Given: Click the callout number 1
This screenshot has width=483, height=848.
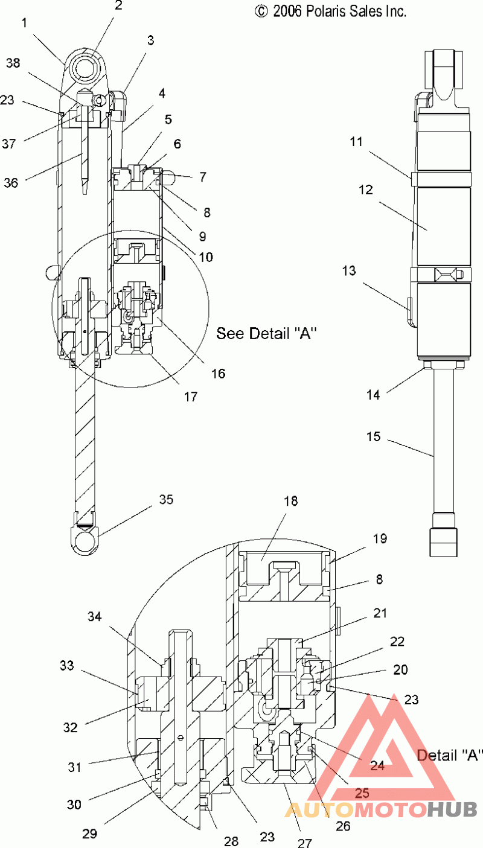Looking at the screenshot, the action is pos(24,23).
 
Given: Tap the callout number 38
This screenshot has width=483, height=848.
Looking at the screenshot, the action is pos(13,63).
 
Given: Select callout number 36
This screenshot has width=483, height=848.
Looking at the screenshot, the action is pos(11,183).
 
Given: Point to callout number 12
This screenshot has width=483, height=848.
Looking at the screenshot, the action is pos(366,190).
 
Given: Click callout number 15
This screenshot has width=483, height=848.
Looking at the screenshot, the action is pos(373,436).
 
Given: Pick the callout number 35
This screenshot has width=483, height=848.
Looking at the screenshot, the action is pos(166,499).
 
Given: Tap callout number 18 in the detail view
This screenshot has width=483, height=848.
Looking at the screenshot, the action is pos(291,501).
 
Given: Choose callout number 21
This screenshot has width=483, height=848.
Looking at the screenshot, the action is pos(380,613).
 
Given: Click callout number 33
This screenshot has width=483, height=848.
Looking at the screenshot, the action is pos(66,665).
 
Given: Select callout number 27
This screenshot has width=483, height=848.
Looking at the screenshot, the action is pos(304,843).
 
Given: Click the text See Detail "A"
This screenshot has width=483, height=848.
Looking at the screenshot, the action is pos(266,334).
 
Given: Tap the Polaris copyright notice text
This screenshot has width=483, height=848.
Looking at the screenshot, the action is pos(330,11).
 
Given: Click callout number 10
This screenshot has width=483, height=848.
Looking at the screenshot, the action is pos(206,258).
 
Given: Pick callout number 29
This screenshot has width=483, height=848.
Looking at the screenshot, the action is pos(90,834).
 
